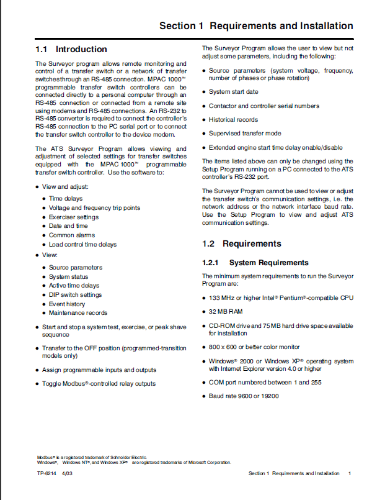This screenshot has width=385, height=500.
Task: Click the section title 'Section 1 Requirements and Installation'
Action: pos(256,26)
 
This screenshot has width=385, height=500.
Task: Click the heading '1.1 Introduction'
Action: pos(71,49)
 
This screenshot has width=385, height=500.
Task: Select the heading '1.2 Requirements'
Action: pos(242,243)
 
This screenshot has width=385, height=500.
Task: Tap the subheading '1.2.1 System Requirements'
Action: pos(255,263)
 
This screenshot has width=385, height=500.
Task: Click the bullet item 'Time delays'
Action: pos(66,199)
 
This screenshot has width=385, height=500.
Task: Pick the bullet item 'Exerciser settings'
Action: pos(74,217)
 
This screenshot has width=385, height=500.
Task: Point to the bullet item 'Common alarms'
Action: pos(71,235)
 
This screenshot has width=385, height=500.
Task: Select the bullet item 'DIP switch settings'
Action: pos(76,295)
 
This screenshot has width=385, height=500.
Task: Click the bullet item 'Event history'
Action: pos(67,304)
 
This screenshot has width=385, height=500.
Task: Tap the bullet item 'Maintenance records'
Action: pos(78,313)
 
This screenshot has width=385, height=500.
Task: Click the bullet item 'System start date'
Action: pos(234,92)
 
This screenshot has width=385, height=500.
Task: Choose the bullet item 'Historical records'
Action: pos(233,120)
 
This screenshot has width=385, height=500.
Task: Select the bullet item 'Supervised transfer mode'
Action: pos(245,134)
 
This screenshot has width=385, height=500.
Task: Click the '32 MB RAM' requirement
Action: pos(226,312)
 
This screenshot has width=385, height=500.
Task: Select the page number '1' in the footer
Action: pos(350,474)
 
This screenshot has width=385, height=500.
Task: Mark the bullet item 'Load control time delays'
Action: pos(82,245)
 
